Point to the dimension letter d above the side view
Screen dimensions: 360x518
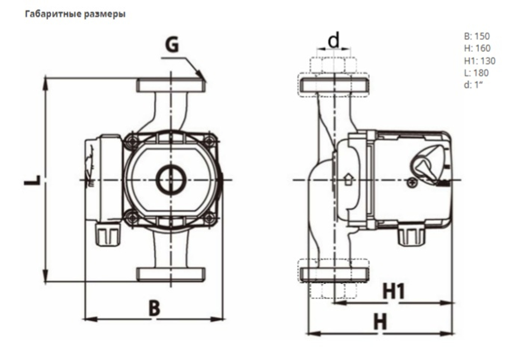click(334, 39)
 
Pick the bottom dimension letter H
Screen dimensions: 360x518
click(381, 322)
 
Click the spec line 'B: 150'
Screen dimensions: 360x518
click(477, 36)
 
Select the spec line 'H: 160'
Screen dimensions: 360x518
click(477, 49)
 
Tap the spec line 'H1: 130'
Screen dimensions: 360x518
click(479, 61)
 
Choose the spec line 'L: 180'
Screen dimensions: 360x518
click(476, 73)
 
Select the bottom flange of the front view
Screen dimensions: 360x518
click(171, 274)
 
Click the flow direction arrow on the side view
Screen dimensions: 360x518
click(348, 180)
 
